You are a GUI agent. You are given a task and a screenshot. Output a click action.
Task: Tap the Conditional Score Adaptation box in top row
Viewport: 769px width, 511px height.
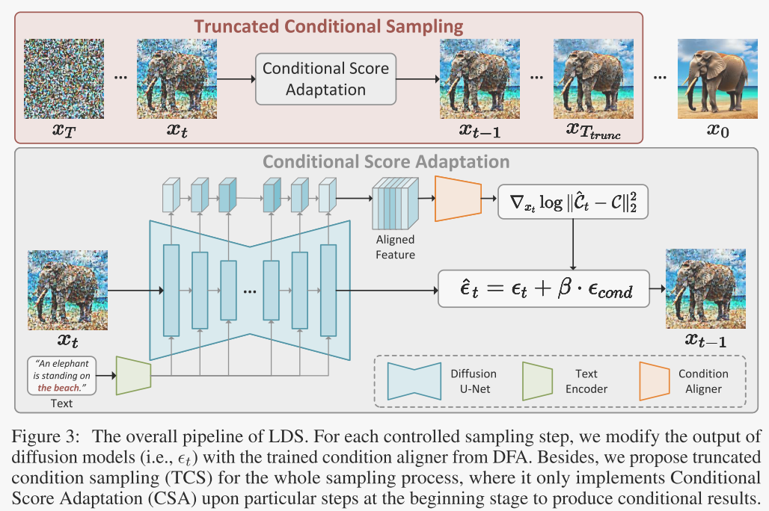325,79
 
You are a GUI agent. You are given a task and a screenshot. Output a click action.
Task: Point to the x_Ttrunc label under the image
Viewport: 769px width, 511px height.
593,133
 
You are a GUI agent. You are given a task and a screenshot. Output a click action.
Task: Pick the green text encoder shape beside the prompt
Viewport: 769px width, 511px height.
134,374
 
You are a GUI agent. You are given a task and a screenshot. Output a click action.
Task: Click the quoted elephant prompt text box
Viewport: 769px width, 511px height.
63,376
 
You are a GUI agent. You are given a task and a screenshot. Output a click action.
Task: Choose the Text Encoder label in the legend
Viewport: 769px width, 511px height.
586,381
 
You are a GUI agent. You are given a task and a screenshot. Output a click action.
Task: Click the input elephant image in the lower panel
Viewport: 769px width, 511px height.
63,290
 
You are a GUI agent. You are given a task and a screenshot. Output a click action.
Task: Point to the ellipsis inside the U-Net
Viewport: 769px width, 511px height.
249,291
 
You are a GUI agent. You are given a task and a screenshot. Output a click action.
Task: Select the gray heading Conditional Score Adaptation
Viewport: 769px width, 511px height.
387,161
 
